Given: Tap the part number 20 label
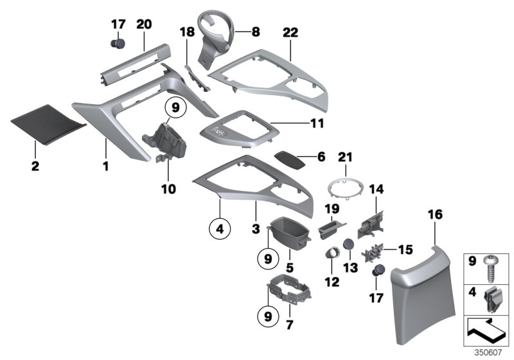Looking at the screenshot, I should pyautogui.click(x=144, y=24).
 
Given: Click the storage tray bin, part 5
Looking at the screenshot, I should pyautogui.click(x=288, y=231).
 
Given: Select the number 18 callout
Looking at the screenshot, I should pyautogui.click(x=186, y=32).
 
